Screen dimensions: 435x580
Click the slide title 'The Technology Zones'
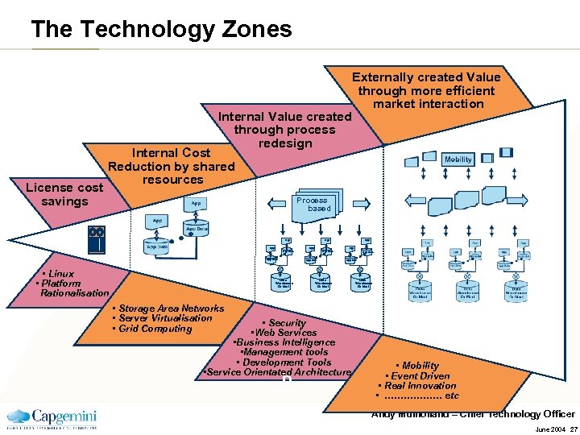[161, 30]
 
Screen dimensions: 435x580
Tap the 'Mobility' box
[458, 159]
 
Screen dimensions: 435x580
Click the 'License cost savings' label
[64, 194]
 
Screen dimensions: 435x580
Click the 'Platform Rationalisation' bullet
[72, 288]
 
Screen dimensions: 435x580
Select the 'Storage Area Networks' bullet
[171, 309]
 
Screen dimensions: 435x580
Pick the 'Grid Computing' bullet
[155, 329]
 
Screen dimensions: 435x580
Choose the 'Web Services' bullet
[285, 333]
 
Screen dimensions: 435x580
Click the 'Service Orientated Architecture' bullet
[279, 372]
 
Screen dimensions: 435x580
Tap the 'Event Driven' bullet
[419, 376]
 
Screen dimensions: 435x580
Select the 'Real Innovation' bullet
[417, 386]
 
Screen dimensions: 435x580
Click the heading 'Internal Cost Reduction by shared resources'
[172, 166]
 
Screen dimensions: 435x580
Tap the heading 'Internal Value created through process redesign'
[285, 130]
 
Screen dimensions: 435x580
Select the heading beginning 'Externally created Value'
[427, 90]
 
